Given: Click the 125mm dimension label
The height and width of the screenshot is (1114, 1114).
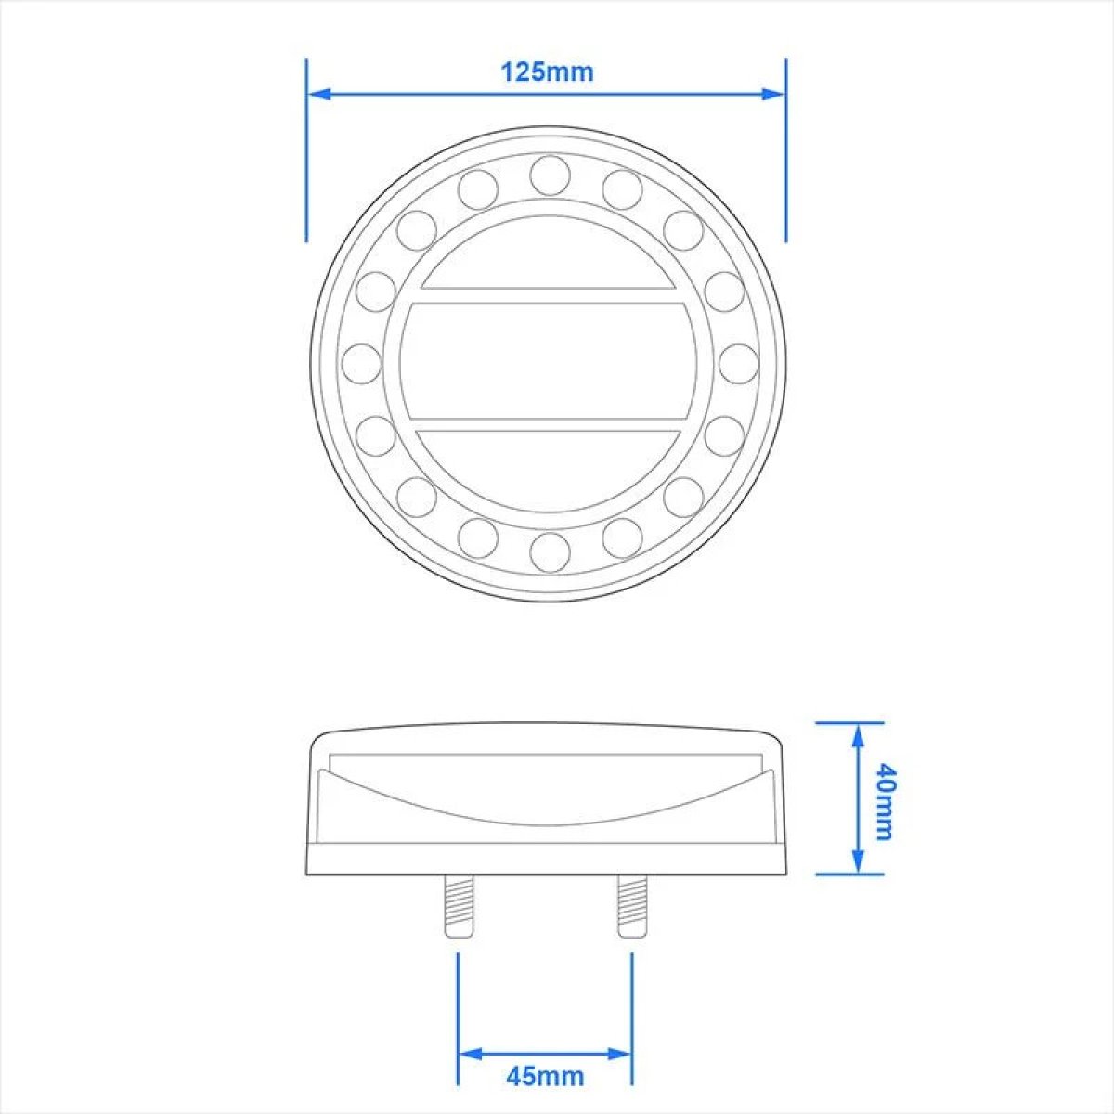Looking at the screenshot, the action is tap(547, 72).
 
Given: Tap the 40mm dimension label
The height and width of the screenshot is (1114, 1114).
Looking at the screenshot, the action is tap(884, 801).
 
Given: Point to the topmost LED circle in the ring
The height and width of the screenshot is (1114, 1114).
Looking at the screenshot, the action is tap(550, 174).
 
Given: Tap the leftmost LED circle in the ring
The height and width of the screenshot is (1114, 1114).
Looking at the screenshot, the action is tap(362, 363).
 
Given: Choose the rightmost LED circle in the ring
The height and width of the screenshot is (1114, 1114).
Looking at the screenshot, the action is tap(738, 363).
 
